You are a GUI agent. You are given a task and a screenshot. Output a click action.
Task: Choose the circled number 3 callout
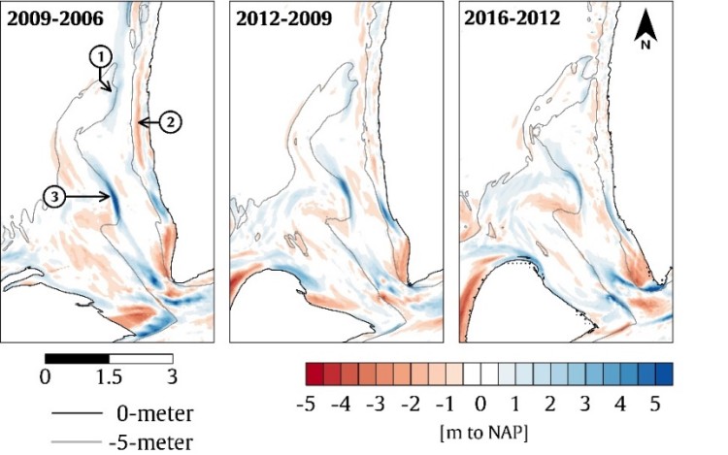click(x=54, y=197)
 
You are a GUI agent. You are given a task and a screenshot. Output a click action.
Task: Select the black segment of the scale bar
click(x=77, y=359)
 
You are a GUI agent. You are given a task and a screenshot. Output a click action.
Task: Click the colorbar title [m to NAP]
click(x=481, y=427)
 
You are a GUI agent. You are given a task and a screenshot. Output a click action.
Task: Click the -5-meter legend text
click(x=149, y=441)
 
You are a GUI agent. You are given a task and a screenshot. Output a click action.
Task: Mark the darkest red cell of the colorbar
click(x=314, y=374)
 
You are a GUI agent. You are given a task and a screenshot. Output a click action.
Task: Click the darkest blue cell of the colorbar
click(x=664, y=374)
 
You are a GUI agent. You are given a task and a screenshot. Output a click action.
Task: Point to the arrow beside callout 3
click(x=88, y=197)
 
